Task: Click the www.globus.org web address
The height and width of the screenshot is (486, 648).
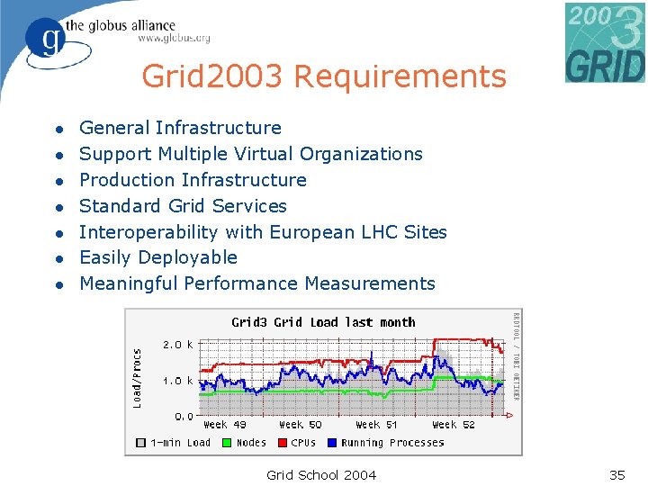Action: [x=174, y=38]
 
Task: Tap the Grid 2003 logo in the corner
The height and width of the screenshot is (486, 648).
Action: [x=605, y=42]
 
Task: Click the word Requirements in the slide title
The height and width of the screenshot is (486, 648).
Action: [x=400, y=77]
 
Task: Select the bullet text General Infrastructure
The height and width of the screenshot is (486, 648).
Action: [x=180, y=128]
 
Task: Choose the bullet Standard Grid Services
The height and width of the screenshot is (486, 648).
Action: [x=183, y=206]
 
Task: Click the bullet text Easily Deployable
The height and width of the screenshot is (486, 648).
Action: [x=158, y=257]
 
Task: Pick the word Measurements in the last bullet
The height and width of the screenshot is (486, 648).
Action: [x=370, y=283]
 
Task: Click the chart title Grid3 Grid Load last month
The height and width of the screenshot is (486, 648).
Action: [x=323, y=322]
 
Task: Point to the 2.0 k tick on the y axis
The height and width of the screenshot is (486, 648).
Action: [x=177, y=345]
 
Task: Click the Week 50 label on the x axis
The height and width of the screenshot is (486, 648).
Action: [x=300, y=425]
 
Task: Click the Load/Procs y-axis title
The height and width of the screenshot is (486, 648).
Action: [x=138, y=378]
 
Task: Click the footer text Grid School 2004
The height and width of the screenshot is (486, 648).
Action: [x=321, y=475]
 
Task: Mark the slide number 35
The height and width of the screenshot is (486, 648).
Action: [x=617, y=475]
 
